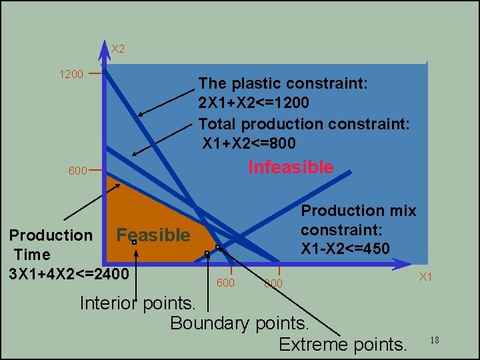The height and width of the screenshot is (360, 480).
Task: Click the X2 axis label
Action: pyautogui.click(x=117, y=49)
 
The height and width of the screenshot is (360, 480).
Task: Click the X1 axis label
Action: pyautogui.click(x=425, y=277)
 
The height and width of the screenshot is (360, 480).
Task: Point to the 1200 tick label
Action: pyautogui.click(x=71, y=74)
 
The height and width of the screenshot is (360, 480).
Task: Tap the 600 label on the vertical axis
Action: pyautogui.click(x=77, y=171)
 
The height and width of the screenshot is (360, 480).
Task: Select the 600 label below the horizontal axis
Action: pyautogui.click(x=226, y=283)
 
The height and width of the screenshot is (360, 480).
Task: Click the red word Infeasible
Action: pyautogui.click(x=291, y=167)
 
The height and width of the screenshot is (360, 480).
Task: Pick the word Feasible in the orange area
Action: pyautogui.click(x=153, y=235)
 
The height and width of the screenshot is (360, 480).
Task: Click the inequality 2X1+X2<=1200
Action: pyautogui.click(x=254, y=103)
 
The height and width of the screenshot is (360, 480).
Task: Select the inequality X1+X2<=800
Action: pyautogui.click(x=249, y=143)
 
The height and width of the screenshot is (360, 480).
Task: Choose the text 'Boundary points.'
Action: pyautogui.click(x=240, y=323)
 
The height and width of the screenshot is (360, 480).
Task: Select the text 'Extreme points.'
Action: pyautogui.click(x=343, y=345)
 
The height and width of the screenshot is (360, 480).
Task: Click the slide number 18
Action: pyautogui.click(x=435, y=341)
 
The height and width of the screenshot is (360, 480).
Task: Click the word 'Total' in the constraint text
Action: pyautogui.click(x=217, y=124)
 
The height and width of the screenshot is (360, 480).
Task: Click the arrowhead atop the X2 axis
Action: pyautogui.click(x=105, y=47)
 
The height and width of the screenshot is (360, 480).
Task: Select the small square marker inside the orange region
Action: pyautogui.click(x=134, y=243)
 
